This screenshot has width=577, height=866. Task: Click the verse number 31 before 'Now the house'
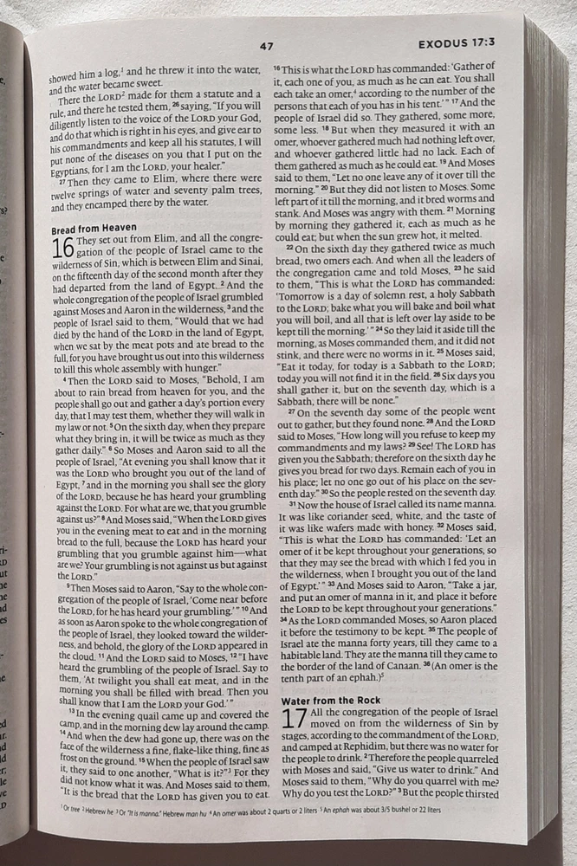click(x=291, y=504)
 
